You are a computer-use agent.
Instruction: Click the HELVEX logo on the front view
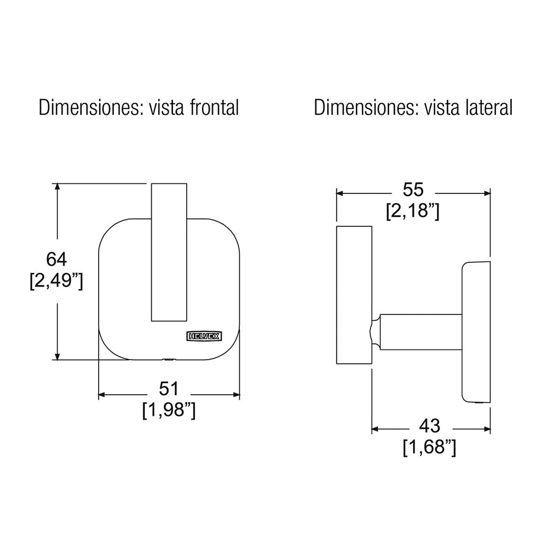point(204,336)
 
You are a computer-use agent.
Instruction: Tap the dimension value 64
point(56,259)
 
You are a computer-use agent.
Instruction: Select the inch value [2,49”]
point(56,281)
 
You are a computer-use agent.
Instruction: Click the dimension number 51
point(169,389)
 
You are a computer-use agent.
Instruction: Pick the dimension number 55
point(413,190)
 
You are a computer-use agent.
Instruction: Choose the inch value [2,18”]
point(413,211)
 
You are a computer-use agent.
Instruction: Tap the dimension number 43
point(430,426)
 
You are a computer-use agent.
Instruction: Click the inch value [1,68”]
point(430,447)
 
